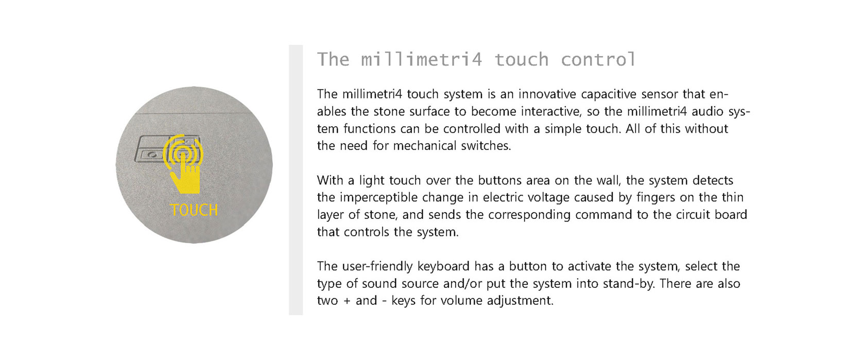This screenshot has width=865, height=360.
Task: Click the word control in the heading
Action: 598,60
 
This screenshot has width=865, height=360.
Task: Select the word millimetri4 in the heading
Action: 422,60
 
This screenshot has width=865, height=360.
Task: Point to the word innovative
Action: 548,94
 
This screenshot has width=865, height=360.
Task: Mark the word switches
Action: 486,146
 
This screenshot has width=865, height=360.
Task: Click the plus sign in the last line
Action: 347,301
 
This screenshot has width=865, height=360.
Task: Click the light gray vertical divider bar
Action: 296,180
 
